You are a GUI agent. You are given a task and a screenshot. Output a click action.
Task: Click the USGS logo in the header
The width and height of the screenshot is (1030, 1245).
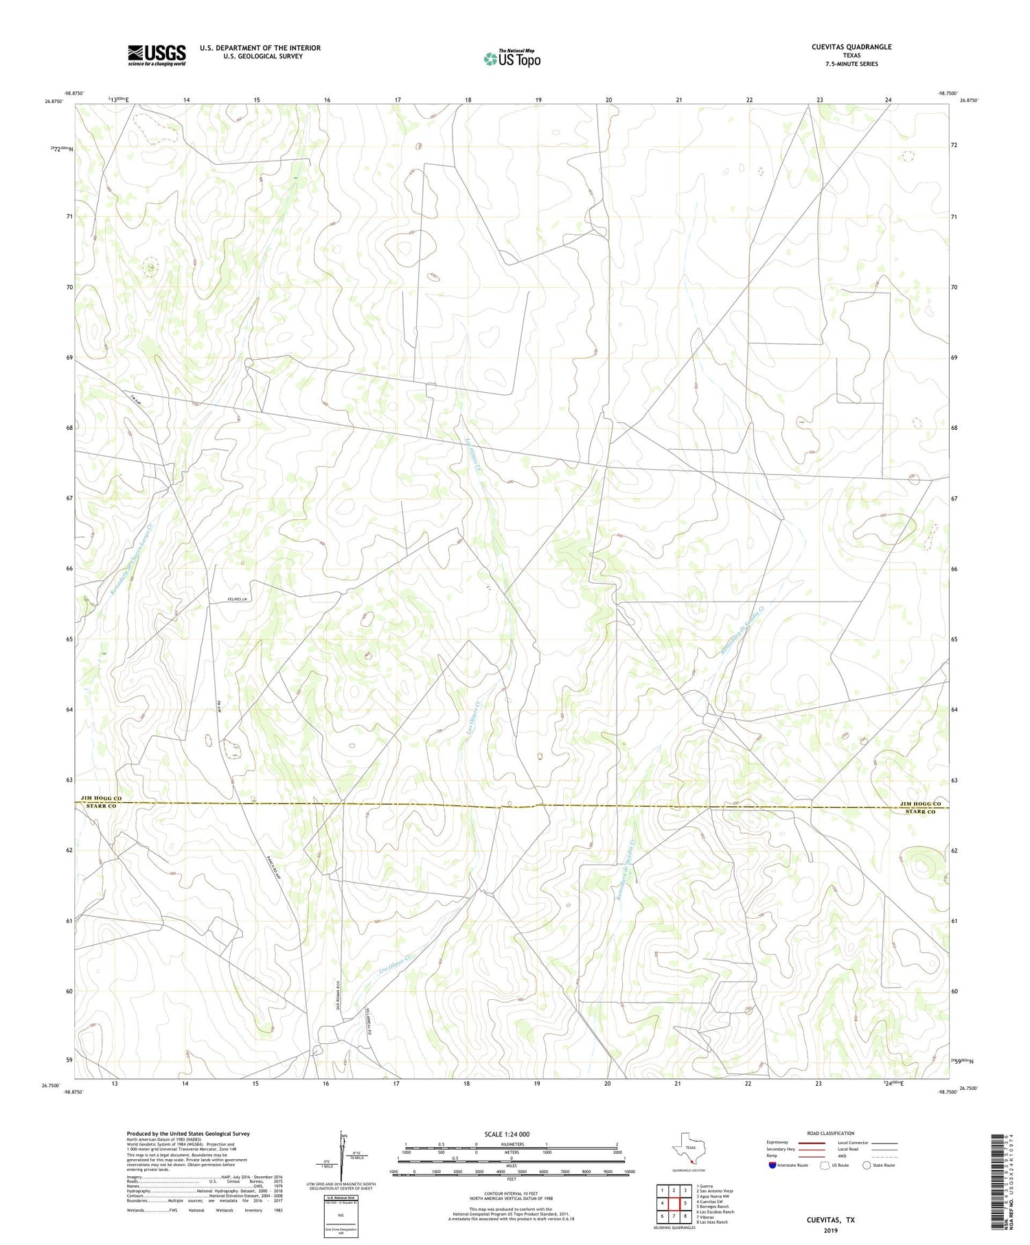point(156,55)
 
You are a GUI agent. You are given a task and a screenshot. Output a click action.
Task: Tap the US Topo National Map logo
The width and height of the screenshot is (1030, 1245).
point(512,58)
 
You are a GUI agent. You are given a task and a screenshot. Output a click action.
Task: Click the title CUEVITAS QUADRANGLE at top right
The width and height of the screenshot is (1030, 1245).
point(851,47)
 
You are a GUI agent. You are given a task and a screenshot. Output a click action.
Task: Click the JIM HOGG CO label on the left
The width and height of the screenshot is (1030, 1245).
point(101,798)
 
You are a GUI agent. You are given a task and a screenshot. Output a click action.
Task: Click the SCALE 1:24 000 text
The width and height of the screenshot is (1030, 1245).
point(506,1134)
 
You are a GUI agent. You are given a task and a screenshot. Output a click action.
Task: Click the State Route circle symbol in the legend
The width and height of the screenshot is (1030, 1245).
point(867,1165)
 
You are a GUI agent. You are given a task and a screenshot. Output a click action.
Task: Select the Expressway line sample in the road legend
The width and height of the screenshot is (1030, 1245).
point(811,1143)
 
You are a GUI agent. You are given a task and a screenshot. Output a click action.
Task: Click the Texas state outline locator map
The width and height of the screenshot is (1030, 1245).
point(687,1147)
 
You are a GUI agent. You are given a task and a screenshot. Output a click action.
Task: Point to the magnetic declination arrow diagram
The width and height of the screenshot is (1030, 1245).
point(341,1154)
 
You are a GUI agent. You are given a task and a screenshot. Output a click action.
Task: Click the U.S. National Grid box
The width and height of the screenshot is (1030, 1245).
point(341,1217)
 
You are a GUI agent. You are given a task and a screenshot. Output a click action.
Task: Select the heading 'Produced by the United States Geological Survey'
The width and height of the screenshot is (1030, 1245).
point(187,1134)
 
